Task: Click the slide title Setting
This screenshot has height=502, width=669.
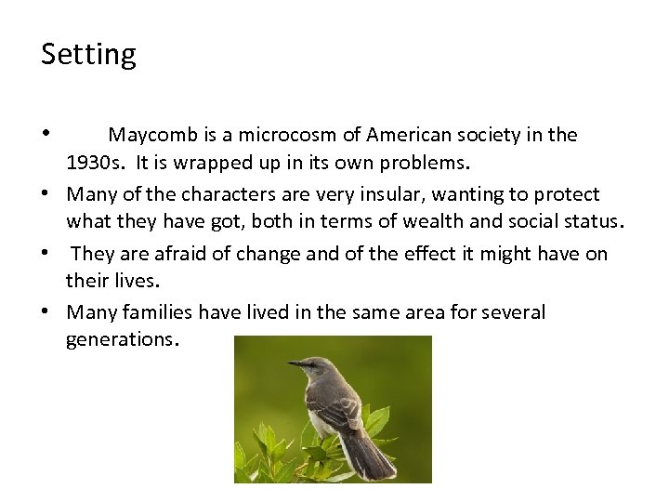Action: click(x=88, y=55)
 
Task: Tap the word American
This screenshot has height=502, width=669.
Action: click(x=407, y=136)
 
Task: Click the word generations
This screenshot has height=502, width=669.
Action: click(x=120, y=339)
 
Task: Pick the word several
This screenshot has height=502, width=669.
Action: click(x=512, y=311)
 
